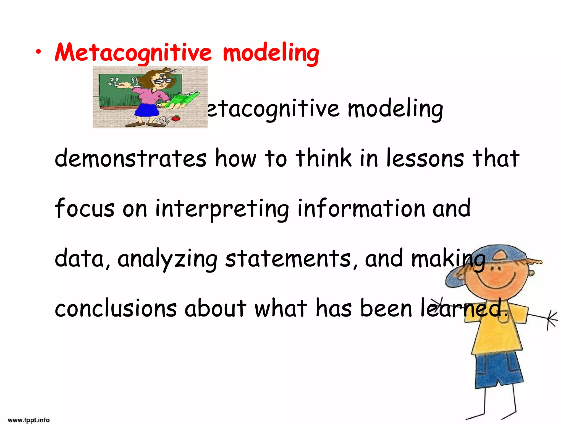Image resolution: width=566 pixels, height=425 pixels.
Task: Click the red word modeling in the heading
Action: (x=271, y=53)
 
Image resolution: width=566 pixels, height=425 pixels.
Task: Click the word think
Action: (x=324, y=158)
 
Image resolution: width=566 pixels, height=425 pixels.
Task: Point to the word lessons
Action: (x=425, y=158)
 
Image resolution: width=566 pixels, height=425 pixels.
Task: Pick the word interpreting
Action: (x=222, y=209)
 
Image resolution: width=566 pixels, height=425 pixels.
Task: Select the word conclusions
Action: (x=116, y=309)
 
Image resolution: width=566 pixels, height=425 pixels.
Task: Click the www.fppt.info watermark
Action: (x=29, y=420)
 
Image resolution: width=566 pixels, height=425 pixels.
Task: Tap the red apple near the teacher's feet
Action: (x=176, y=118)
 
